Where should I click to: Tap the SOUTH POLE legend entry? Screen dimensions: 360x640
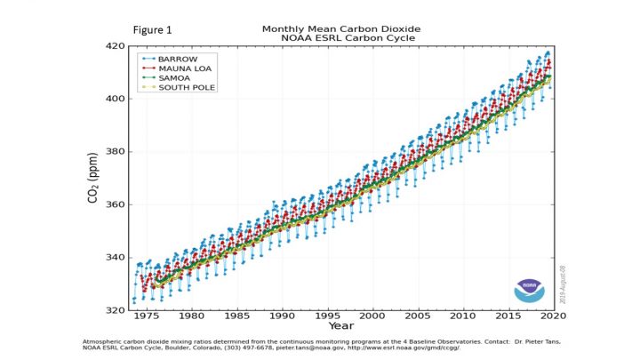tap(186, 87)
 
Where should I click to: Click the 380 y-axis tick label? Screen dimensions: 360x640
tap(116, 152)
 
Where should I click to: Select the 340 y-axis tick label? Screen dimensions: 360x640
tap(116, 258)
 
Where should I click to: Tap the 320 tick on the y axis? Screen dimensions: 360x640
tap(116, 310)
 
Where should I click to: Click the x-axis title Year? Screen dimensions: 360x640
tap(341, 326)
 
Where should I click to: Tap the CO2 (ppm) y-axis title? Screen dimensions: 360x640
tap(93, 178)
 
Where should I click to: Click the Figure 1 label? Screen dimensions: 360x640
tap(152, 30)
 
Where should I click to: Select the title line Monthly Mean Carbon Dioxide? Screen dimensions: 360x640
tap(340, 28)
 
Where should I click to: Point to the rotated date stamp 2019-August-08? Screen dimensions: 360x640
tap(563, 279)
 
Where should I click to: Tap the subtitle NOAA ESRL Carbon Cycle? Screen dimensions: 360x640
tap(340, 38)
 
